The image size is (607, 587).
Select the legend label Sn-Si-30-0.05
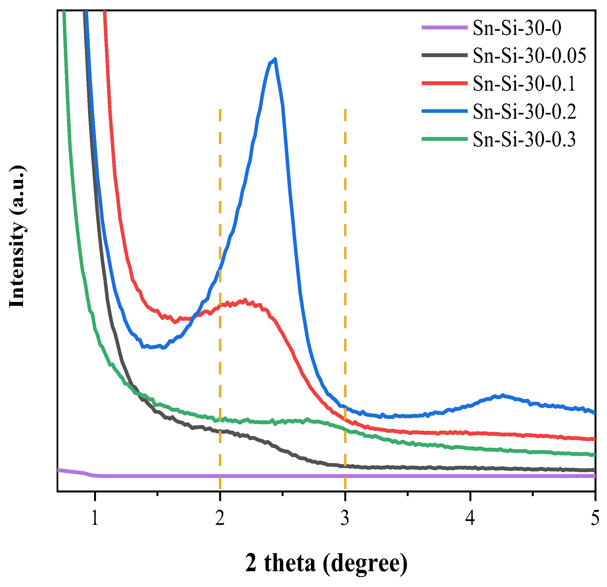point(529,56)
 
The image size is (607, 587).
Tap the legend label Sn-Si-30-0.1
point(524,83)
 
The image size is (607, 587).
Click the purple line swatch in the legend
point(444,27)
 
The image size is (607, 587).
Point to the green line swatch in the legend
point(444,139)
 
